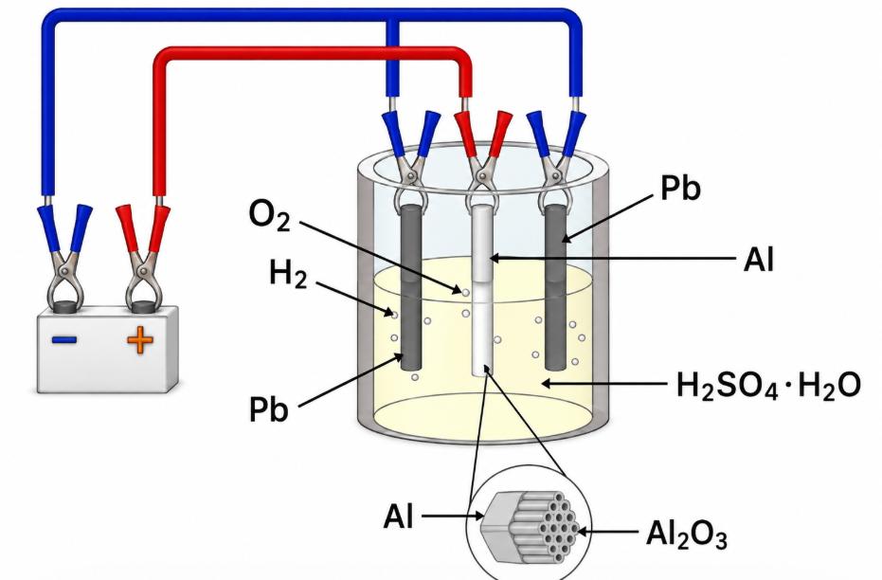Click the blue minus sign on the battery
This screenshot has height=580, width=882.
pyautogui.click(x=64, y=339)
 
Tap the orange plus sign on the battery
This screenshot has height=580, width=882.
pyautogui.click(x=140, y=339)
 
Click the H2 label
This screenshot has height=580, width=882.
pyautogui.click(x=288, y=273)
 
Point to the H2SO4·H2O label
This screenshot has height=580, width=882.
pyautogui.click(x=768, y=386)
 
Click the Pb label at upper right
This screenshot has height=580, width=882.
pyautogui.click(x=680, y=188)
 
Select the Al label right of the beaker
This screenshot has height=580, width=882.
pyautogui.click(x=759, y=260)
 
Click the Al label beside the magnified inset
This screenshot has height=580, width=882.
pyautogui.click(x=399, y=516)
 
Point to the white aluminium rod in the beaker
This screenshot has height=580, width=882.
pyautogui.click(x=482, y=289)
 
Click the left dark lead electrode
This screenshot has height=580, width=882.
pyautogui.click(x=410, y=287)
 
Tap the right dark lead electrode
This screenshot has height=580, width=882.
pyautogui.click(x=555, y=287)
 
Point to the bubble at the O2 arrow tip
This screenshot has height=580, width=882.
pyautogui.click(x=465, y=293)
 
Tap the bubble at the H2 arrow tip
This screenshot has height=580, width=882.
pyautogui.click(x=394, y=315)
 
